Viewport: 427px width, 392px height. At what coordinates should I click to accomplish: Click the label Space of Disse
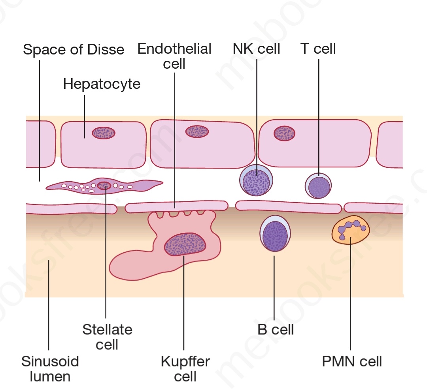[x=74, y=50]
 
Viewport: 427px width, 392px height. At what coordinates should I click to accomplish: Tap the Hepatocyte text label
[x=102, y=84]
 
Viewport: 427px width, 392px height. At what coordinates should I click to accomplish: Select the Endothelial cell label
[x=174, y=56]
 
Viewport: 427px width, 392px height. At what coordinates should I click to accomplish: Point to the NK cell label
[x=256, y=49]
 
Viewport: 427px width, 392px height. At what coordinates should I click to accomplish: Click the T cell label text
[x=318, y=49]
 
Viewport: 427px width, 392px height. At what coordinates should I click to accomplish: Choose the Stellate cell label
[x=107, y=337]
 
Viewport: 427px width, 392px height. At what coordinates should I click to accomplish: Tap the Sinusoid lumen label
[x=50, y=368]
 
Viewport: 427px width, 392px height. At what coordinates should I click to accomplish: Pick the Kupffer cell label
[x=185, y=368]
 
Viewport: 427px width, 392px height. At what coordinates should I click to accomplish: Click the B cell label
[x=276, y=329]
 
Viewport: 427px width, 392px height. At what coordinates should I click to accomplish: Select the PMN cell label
[x=352, y=361]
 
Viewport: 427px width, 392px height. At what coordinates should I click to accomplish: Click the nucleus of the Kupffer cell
[x=185, y=244]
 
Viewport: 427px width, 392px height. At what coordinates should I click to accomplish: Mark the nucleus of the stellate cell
[x=104, y=185]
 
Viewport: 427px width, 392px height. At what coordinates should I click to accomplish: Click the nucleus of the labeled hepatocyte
[x=104, y=133]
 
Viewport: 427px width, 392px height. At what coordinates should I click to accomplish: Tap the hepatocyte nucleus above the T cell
[x=284, y=133]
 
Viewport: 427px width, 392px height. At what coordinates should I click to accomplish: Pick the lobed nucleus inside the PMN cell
[x=351, y=228]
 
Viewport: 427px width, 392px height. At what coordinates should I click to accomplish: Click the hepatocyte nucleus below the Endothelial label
[x=197, y=131]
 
